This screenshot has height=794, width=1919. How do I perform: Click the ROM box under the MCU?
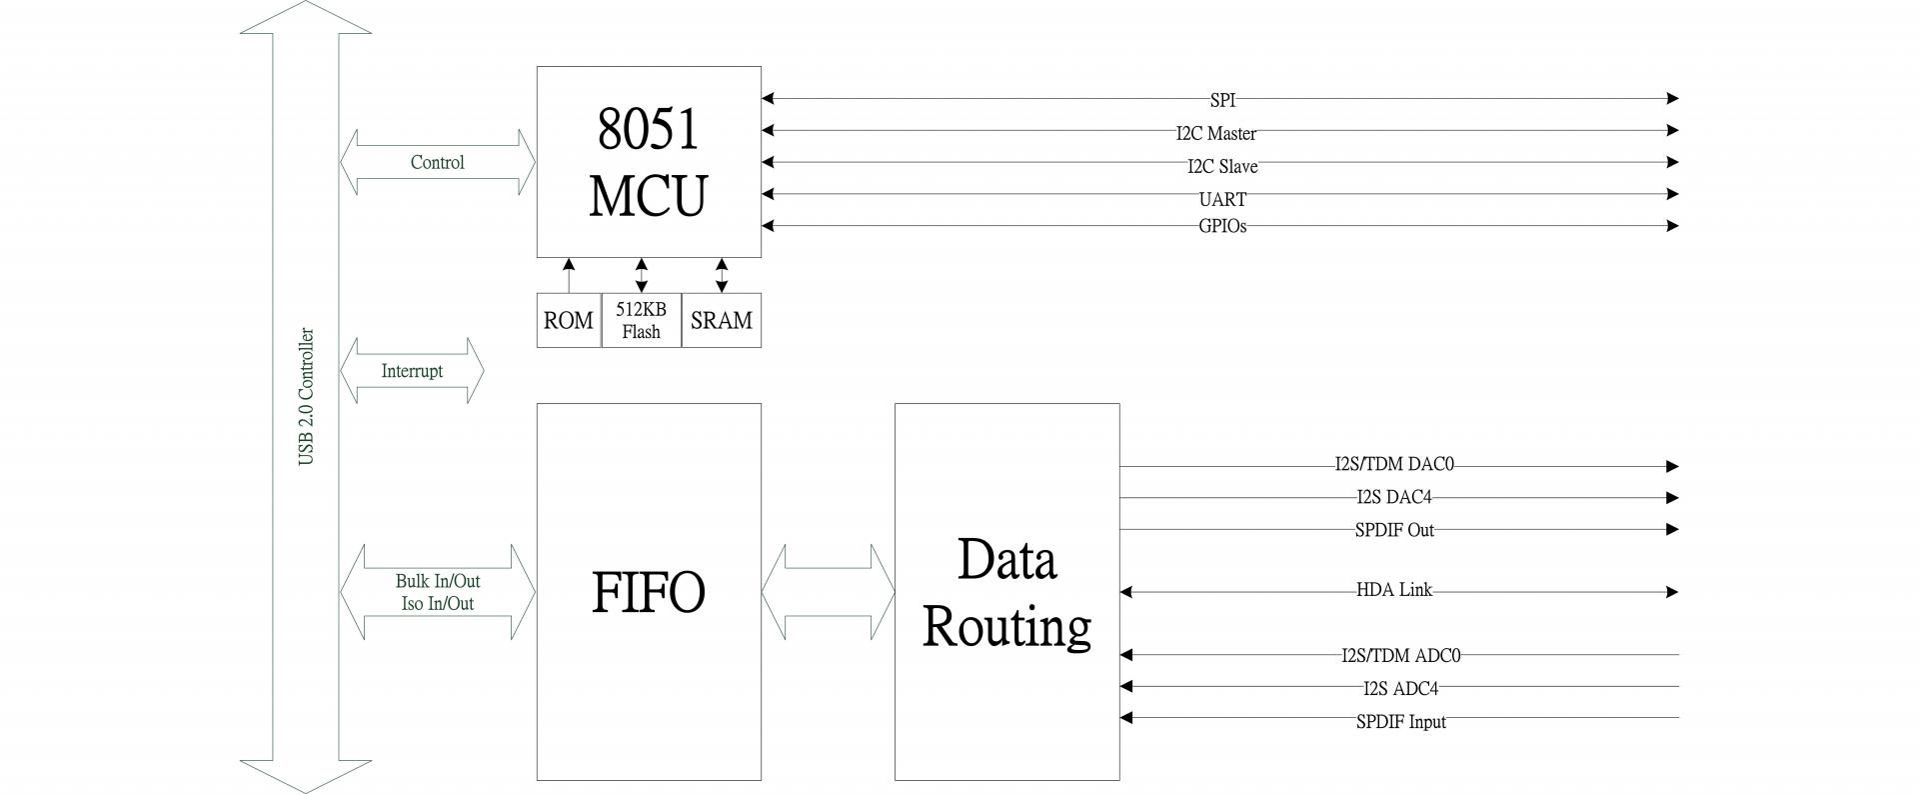[x=568, y=320]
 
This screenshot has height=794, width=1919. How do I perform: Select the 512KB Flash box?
[x=641, y=320]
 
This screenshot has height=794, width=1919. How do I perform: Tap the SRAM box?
[x=721, y=320]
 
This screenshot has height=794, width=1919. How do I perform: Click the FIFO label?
[x=648, y=592]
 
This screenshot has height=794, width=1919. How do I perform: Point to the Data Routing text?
[x=1006, y=592]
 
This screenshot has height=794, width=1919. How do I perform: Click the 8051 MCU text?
[x=648, y=162]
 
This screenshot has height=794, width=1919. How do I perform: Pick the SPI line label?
[x=1222, y=101]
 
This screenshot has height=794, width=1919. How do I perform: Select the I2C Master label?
[x=1215, y=133]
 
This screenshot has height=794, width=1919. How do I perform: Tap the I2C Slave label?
[x=1221, y=166]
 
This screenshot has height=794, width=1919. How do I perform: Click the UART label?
[x=1222, y=199]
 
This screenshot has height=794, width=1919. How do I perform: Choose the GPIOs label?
[x=1222, y=226]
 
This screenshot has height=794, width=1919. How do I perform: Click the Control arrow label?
[x=437, y=162]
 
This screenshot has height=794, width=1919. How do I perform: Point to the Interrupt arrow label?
[x=411, y=371]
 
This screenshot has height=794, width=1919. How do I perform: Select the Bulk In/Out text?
[x=437, y=581]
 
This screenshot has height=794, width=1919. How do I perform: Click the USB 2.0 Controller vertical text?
[x=306, y=397]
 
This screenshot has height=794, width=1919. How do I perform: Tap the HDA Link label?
[x=1393, y=590]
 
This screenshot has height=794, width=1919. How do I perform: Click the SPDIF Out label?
[x=1393, y=530]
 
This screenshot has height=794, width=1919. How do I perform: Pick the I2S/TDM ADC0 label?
[x=1400, y=656]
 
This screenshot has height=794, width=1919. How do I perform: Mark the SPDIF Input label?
[x=1400, y=722]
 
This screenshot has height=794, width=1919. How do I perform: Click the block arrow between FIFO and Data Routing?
[x=828, y=592]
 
